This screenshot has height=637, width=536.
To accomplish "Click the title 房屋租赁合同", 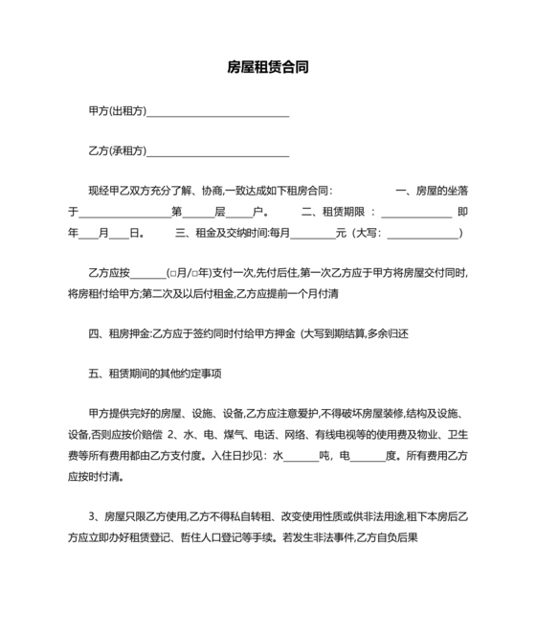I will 267,68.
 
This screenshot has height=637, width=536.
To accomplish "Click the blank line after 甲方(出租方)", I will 217,112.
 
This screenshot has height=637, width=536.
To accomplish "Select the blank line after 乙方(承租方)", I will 217,152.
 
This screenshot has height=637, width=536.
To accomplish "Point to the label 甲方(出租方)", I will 117,111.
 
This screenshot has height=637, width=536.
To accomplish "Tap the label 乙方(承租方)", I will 117,151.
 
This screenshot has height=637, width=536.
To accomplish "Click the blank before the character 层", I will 198,213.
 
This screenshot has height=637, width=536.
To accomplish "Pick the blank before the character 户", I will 238,213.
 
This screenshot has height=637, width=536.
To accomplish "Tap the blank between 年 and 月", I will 88,233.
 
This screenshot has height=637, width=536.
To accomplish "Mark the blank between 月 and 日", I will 119,233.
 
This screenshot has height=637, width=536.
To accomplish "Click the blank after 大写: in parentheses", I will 422,233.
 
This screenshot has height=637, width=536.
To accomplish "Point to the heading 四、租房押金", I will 119,333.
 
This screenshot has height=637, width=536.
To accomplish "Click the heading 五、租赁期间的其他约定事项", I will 155,374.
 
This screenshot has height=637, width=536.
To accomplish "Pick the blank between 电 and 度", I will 368,455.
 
